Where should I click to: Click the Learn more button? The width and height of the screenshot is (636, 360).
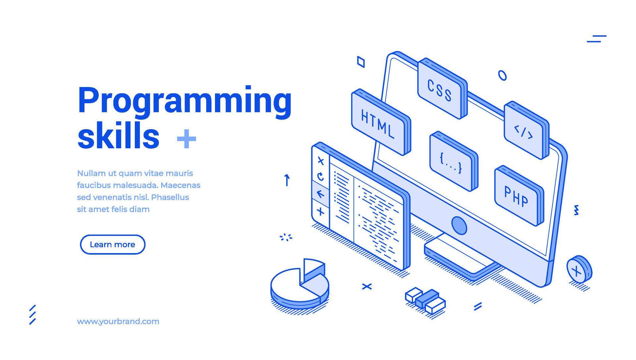(x=113, y=244)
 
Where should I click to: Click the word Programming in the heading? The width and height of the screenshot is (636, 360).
(x=185, y=101)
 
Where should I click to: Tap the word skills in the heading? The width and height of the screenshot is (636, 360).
(x=118, y=136)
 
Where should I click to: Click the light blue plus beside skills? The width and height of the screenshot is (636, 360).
(x=186, y=138)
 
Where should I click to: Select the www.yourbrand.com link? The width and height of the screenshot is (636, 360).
(x=118, y=321)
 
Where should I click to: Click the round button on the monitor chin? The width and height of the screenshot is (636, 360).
(x=459, y=226)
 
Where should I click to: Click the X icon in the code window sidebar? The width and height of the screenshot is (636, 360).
(x=320, y=161)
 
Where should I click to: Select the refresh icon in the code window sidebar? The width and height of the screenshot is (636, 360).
(x=320, y=177)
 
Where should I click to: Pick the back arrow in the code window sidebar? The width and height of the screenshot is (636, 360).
(x=320, y=194)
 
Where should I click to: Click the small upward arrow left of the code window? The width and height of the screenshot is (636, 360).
(x=287, y=180)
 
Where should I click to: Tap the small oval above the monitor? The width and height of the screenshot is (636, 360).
(x=502, y=75)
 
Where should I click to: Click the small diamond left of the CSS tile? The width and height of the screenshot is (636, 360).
(x=361, y=62)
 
